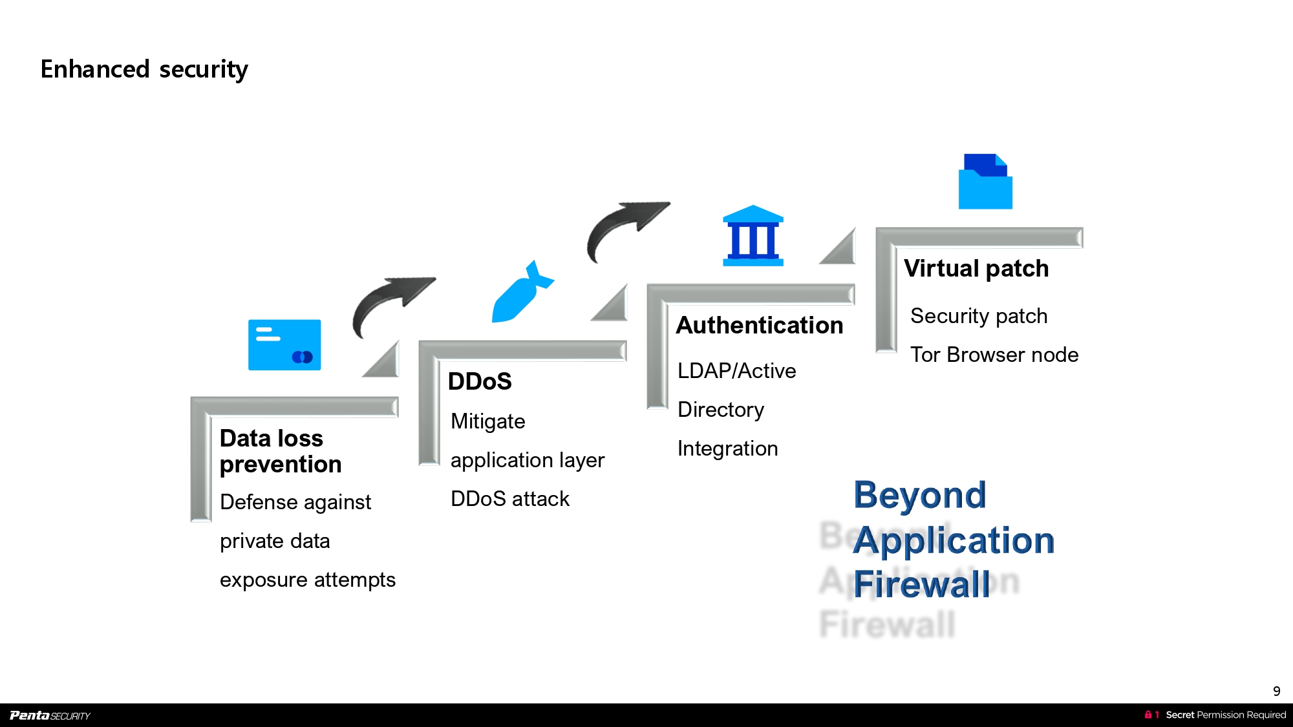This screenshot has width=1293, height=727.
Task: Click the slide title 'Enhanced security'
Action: click(144, 69)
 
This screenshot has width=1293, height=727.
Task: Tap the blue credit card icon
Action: click(284, 344)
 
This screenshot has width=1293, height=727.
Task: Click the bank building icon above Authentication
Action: click(753, 236)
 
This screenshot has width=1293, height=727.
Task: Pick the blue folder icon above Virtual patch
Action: click(985, 182)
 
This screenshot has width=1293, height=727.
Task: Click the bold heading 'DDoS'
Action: click(480, 381)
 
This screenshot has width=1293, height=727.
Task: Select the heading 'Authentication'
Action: click(760, 325)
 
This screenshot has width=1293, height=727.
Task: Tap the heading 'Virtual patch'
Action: click(976, 268)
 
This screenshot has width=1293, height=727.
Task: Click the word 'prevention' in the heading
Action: click(281, 465)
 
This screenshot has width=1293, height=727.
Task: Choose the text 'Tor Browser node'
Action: click(994, 355)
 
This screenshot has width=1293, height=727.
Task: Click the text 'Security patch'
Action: click(979, 316)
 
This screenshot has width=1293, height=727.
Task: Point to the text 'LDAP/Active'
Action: click(736, 371)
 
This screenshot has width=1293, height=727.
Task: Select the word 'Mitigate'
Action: click(487, 421)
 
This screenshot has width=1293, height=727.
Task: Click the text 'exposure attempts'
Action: click(307, 580)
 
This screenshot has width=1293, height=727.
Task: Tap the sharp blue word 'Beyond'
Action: click(919, 496)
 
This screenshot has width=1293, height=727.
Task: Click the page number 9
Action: click(1276, 691)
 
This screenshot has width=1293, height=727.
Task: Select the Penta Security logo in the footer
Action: click(50, 715)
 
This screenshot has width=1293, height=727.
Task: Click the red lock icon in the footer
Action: click(1148, 715)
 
